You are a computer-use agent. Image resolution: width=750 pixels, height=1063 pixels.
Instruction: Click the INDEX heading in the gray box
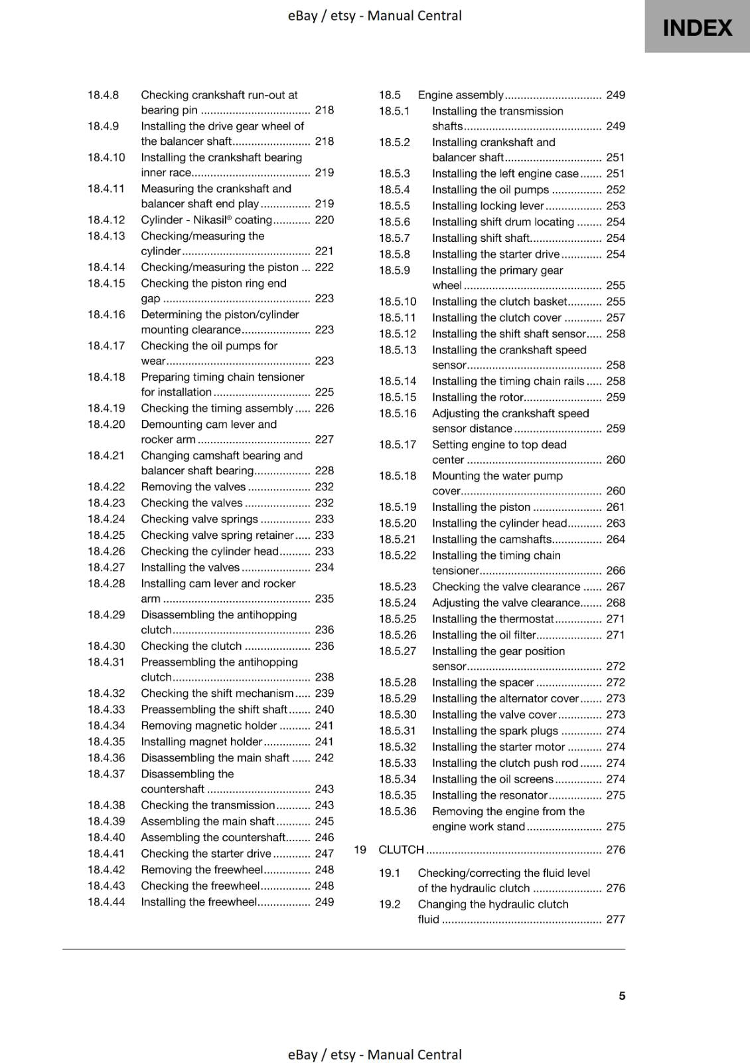point(697,28)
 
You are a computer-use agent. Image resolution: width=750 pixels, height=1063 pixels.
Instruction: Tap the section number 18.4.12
point(106,220)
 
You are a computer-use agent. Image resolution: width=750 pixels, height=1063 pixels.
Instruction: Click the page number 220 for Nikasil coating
point(324,220)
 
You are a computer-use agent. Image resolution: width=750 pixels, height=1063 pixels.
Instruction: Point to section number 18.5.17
point(398,444)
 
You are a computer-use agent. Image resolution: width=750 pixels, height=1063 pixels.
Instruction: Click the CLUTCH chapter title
point(401,850)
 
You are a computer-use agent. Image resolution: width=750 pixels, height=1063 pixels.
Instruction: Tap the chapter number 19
point(360,850)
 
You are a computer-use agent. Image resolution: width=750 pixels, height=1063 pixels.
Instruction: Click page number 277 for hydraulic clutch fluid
point(615,919)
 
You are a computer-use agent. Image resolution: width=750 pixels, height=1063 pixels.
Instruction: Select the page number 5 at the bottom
point(622,996)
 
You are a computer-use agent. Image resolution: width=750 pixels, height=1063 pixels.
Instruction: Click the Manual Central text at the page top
point(414,15)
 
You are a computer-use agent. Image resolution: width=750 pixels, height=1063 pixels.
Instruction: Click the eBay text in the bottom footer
point(302,1054)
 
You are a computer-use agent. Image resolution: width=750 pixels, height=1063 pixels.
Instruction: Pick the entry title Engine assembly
point(461,95)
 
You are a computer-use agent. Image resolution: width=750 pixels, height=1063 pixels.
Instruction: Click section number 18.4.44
point(106,902)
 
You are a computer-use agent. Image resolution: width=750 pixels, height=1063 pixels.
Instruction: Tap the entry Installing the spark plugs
point(495,731)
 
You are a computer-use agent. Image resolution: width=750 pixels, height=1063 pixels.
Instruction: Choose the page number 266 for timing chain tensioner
point(615,571)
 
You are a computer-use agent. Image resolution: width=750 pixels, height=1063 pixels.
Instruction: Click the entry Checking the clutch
point(191,646)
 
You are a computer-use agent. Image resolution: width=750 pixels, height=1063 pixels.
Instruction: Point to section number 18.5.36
point(398,811)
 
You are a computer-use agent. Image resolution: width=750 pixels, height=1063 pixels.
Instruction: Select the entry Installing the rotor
point(478,397)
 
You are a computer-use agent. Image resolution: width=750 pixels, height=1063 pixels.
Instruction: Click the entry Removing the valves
point(193,487)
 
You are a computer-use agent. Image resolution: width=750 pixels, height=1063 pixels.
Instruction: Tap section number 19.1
point(390,873)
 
